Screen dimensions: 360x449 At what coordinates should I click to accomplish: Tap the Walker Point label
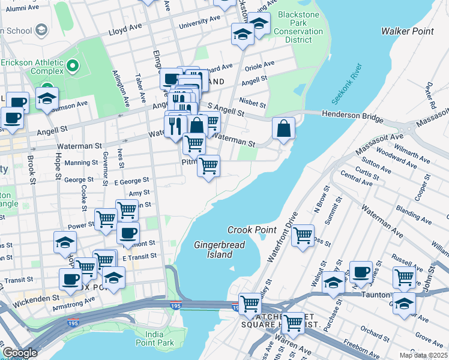coord(408,31)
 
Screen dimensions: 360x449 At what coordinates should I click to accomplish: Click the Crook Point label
coord(252,230)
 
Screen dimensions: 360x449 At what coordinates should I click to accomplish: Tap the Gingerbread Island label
coord(212,250)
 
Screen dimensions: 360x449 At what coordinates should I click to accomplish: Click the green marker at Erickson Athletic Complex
coord(73,65)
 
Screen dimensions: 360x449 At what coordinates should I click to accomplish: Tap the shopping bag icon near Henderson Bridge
coord(283,128)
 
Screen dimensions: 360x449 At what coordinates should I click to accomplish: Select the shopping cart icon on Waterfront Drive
coord(303,235)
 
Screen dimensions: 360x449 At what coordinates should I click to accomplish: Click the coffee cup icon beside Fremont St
coord(127,233)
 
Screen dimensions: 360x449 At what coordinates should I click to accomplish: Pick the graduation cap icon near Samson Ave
coord(47,98)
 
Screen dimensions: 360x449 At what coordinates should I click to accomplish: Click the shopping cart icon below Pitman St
coord(208,166)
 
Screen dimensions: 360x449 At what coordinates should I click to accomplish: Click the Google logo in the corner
coord(19,353)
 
